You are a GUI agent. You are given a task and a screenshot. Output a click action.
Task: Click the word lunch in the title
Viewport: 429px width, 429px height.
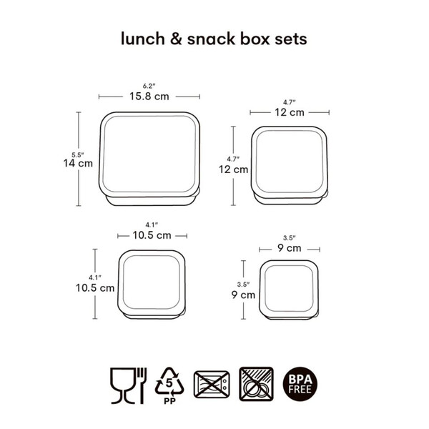pyautogui.click(x=143, y=39)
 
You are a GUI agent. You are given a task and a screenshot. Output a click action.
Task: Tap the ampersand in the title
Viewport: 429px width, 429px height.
pyautogui.click(x=176, y=39)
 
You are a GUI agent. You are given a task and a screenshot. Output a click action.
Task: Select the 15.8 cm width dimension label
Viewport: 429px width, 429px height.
pyautogui.click(x=149, y=97)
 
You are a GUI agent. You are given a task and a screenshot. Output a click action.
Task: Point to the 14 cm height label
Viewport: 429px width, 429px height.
pyautogui.click(x=78, y=163)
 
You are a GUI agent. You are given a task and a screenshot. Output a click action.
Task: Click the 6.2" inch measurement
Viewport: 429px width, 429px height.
pyautogui.click(x=149, y=86)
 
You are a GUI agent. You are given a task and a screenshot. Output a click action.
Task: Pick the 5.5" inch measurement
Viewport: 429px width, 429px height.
pyautogui.click(x=78, y=155)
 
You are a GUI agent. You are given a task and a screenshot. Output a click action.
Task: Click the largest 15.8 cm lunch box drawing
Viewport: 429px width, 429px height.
pyautogui.click(x=149, y=159)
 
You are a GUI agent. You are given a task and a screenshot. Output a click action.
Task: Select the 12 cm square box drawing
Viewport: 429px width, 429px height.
pyautogui.click(x=289, y=165)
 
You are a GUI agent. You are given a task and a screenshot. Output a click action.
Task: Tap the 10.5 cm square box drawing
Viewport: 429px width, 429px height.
pyautogui.click(x=152, y=285)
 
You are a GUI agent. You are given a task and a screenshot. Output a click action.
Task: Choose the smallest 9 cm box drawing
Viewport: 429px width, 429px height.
pyautogui.click(x=289, y=290)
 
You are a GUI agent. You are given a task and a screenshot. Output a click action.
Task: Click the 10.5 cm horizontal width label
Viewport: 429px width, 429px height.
pyautogui.click(x=152, y=235)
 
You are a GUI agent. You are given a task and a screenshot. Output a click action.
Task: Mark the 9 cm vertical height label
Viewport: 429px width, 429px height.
pyautogui.click(x=243, y=295)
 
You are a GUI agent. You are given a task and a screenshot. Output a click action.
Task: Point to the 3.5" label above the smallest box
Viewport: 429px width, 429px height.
pyautogui.click(x=289, y=238)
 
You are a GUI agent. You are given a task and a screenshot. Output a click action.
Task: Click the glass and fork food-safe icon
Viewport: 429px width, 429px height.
pyautogui.click(x=129, y=385)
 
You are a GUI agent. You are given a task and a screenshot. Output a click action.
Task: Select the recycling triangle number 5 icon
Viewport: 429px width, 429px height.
pyautogui.click(x=169, y=381)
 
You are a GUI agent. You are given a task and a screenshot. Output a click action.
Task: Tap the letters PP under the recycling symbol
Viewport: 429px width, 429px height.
pyautogui.click(x=169, y=401)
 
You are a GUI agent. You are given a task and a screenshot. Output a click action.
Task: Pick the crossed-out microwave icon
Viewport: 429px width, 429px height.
pyautogui.click(x=212, y=385)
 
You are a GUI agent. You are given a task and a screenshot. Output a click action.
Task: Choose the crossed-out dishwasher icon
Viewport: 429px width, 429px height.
pyautogui.click(x=257, y=384)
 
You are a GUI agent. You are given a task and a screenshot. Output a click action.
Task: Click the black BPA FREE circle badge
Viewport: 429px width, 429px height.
pyautogui.click(x=300, y=384)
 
